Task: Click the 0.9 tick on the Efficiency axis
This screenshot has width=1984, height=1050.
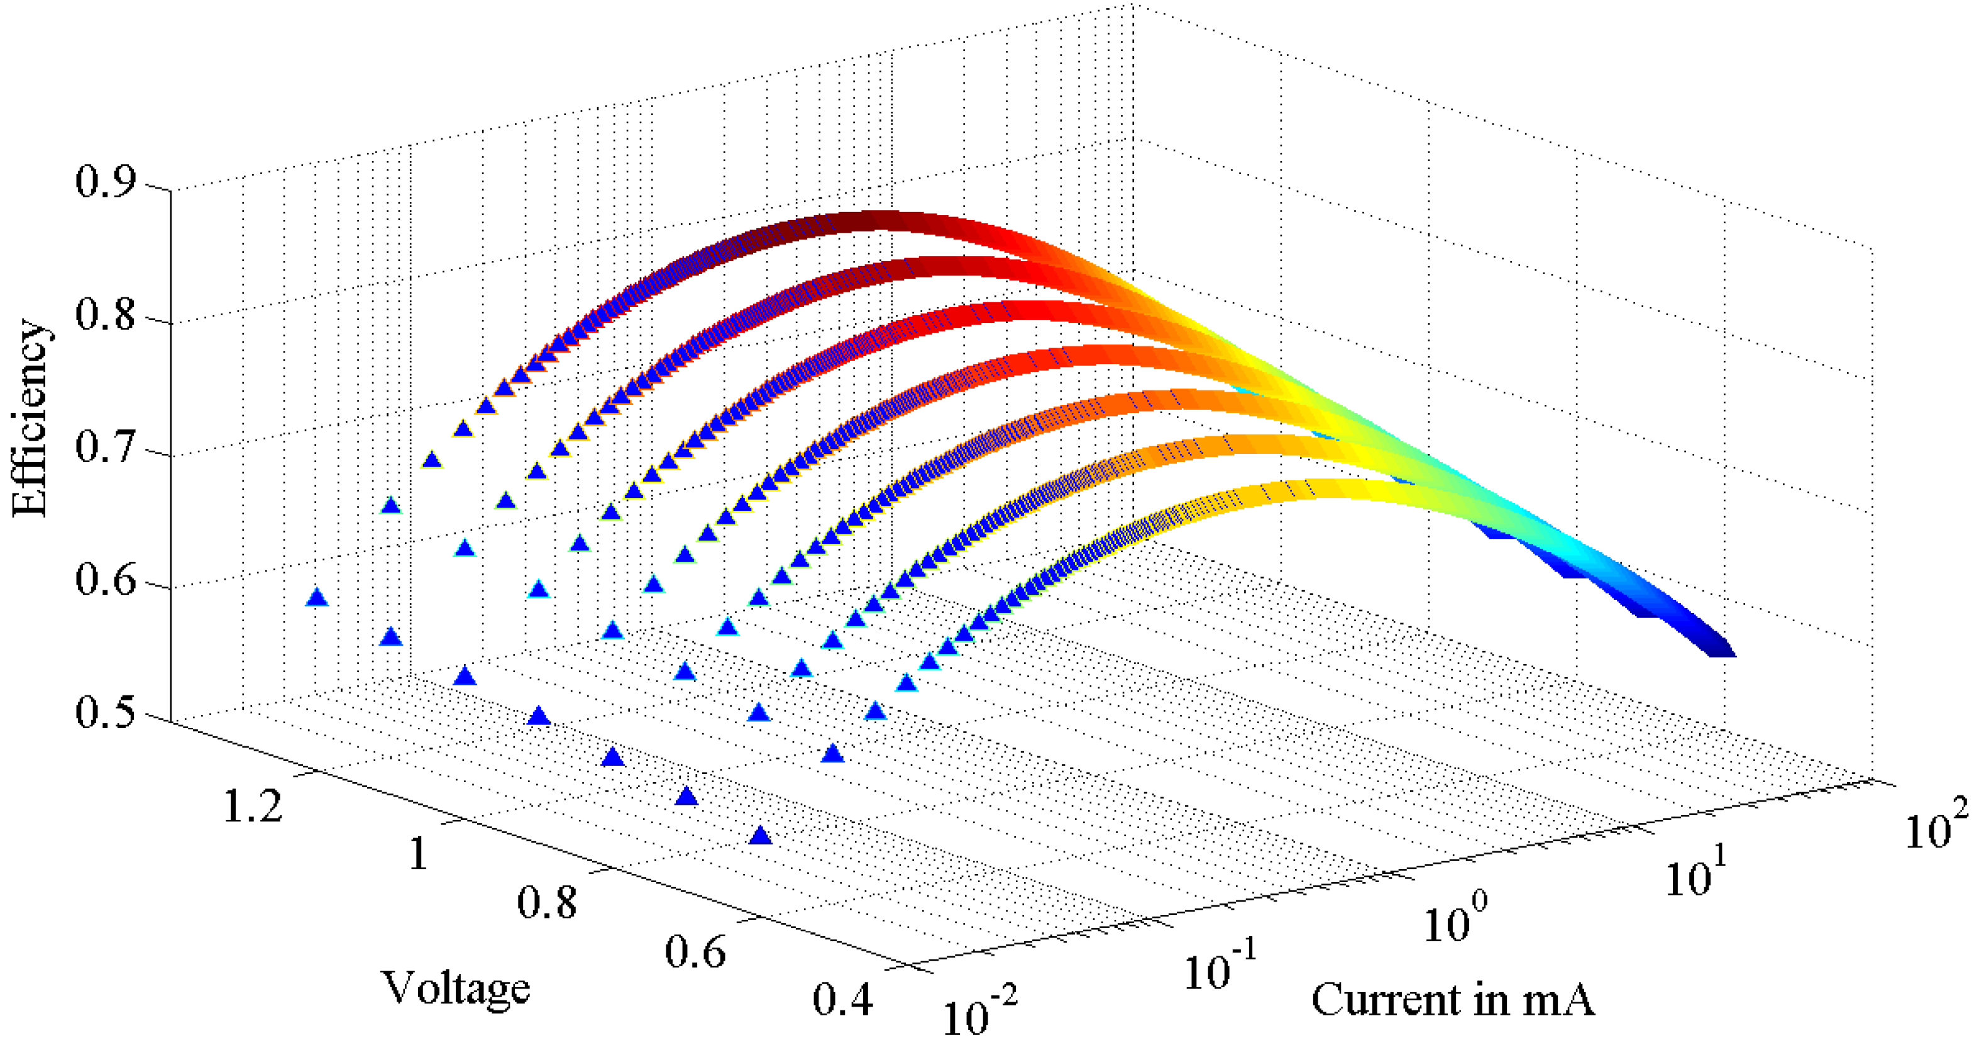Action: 105,182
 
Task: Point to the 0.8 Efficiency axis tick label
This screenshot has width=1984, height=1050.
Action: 105,315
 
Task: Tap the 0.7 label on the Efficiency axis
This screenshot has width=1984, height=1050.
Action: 105,448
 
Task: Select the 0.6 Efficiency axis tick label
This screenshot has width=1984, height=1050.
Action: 105,579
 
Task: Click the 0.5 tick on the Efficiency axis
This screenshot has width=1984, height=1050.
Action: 105,712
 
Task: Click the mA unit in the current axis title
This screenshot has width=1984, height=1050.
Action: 1557,1000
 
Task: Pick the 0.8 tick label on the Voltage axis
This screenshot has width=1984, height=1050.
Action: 546,902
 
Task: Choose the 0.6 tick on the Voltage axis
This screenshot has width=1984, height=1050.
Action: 695,951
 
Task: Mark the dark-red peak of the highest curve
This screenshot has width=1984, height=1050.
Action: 874,221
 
